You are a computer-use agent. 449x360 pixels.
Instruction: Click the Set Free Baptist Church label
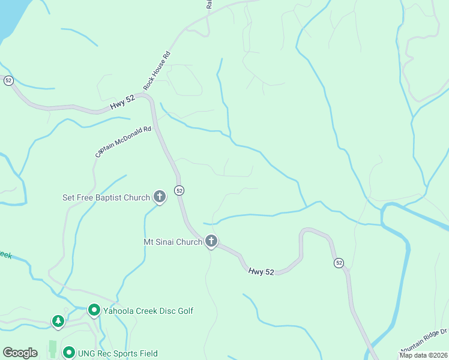107,197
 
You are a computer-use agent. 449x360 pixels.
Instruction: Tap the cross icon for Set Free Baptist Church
160,196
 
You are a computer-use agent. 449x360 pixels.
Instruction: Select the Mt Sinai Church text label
172,242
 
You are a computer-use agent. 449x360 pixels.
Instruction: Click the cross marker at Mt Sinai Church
211,241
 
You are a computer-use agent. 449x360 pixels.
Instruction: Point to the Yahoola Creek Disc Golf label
148,311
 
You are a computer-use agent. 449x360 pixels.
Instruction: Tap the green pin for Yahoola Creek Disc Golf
94,310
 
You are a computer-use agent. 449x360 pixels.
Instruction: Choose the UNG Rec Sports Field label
118,353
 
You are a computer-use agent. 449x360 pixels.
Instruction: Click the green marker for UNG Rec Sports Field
69,353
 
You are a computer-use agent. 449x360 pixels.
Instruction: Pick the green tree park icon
58,322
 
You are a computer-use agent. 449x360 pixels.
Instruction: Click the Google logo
20,353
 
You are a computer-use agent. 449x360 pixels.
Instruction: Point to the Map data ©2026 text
423,355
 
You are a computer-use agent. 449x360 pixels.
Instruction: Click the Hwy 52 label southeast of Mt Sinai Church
261,272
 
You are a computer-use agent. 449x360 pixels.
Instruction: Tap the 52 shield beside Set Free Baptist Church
179,190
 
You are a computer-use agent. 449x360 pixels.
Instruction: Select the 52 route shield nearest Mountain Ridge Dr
339,263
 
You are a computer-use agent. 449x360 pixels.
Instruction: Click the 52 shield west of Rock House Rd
8,80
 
